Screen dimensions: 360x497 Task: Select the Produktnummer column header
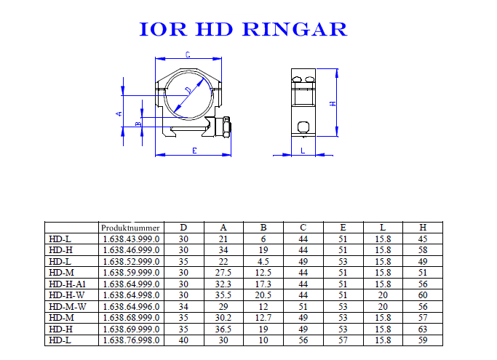point(130,228)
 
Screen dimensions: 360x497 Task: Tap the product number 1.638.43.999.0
point(131,239)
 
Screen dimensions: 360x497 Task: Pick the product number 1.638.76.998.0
point(131,340)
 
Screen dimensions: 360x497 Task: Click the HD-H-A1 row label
point(66,284)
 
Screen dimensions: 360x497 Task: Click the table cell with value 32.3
point(224,284)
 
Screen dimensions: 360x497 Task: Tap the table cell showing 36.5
point(224,329)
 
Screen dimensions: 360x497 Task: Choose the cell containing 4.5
point(264,261)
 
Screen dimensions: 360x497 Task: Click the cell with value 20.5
point(264,295)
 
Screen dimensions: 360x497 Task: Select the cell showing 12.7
point(264,318)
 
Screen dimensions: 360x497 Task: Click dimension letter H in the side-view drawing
point(333,103)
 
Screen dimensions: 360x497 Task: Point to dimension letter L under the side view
point(302,151)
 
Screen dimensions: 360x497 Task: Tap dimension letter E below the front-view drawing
point(194,151)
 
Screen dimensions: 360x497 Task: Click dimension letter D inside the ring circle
point(188,90)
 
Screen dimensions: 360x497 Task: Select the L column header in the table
point(383,228)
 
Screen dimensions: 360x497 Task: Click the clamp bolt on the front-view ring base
point(226,129)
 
